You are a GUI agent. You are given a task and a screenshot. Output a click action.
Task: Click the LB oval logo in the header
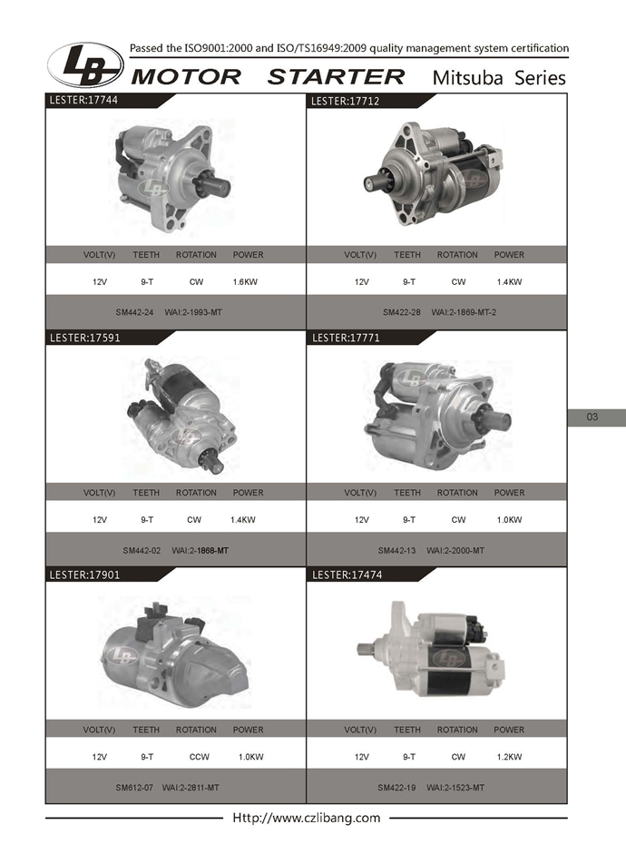(85, 64)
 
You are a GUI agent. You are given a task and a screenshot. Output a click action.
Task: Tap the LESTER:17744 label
(83, 100)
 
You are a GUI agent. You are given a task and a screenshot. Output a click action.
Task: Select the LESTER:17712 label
(345, 101)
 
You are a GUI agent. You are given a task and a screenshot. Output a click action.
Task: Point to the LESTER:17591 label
(84, 338)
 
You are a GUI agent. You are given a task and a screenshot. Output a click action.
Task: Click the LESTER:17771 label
(346, 338)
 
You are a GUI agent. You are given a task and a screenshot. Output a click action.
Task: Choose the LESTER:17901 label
(84, 574)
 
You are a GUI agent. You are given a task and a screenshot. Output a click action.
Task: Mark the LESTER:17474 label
(347, 574)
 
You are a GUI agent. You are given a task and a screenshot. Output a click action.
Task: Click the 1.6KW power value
(245, 281)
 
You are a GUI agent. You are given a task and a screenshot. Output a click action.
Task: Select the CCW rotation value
(200, 757)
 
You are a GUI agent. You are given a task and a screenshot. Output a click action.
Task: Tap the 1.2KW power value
(509, 757)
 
